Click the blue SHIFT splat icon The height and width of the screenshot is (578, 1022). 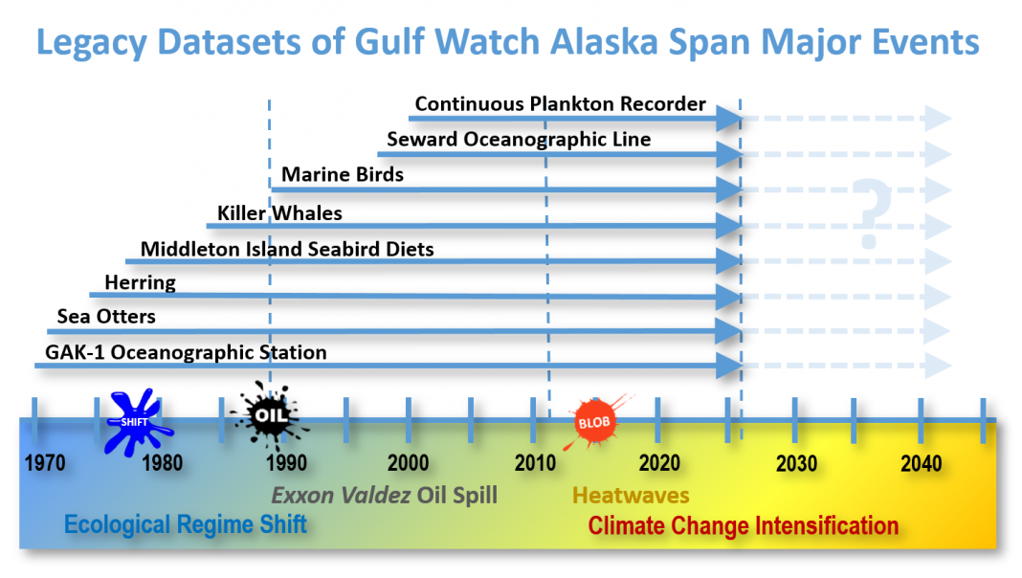pyautogui.click(x=136, y=422)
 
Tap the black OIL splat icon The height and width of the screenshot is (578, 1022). pyautogui.click(x=269, y=415)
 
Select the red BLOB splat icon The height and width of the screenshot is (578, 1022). pyautogui.click(x=594, y=422)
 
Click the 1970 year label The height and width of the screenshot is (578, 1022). pyautogui.click(x=45, y=463)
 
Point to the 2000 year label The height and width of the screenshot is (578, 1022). pyautogui.click(x=408, y=463)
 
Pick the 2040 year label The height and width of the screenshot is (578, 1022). pyautogui.click(x=921, y=463)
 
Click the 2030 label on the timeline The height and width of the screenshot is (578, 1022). pyautogui.click(x=796, y=463)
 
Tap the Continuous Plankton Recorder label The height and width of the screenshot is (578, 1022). pyautogui.click(x=561, y=104)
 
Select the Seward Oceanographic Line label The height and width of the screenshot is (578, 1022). pyautogui.click(x=519, y=140)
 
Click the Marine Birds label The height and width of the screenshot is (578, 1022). pyautogui.click(x=343, y=174)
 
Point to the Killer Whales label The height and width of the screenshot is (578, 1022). pyautogui.click(x=279, y=213)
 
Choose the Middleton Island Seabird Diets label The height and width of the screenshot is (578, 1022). pyautogui.click(x=287, y=249)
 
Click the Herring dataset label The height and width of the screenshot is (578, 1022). pyautogui.click(x=140, y=283)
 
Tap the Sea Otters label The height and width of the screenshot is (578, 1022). pyautogui.click(x=106, y=317)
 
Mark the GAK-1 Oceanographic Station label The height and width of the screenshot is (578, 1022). pyautogui.click(x=186, y=352)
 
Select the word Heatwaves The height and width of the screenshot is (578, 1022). pyautogui.click(x=631, y=496)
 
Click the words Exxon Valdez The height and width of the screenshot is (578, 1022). pyautogui.click(x=341, y=496)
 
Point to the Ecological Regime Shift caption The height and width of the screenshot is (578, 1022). pyautogui.click(x=186, y=524)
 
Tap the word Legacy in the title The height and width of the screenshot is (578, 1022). pyautogui.click(x=91, y=43)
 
